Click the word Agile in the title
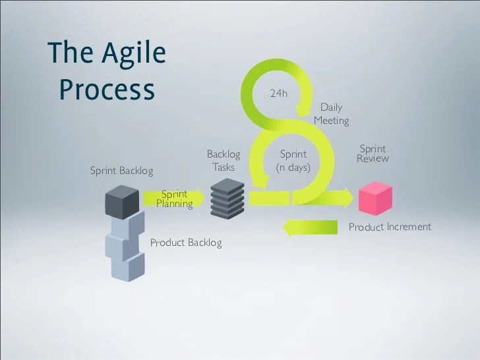coord(134,53)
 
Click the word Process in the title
coord(107,89)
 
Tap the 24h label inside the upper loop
coord(279,93)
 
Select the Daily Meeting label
coord(331,114)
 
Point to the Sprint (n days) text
coord(293,161)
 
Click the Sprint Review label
coord(373,154)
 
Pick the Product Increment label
coord(390,227)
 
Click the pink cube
coord(375,198)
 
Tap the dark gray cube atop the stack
coord(122,202)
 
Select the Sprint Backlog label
coord(122,171)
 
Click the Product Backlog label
coord(186,243)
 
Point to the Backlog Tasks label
coord(224,160)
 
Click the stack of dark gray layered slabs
coord(227,198)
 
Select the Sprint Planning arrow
coord(174,198)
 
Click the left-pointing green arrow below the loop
coord(310,228)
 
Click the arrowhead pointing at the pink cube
coord(348,198)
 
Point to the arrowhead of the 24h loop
coord(301,110)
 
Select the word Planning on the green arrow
coord(175,204)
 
